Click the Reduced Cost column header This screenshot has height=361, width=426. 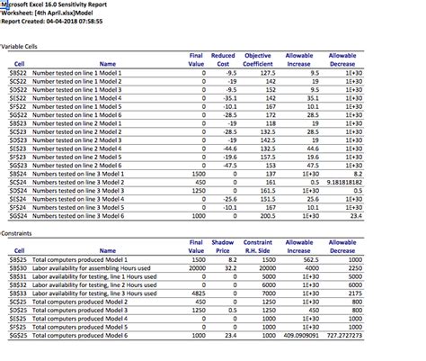coord(222,60)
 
